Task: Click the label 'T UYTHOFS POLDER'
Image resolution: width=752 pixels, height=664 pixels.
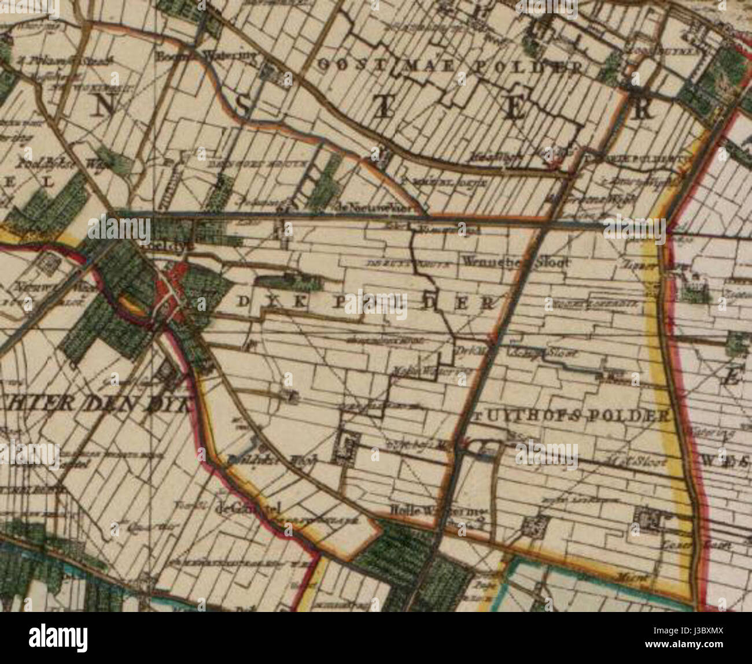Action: (570, 416)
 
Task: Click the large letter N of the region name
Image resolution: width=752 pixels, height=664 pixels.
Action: (104, 106)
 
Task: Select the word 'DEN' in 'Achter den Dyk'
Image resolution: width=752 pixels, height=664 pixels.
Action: (109, 403)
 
